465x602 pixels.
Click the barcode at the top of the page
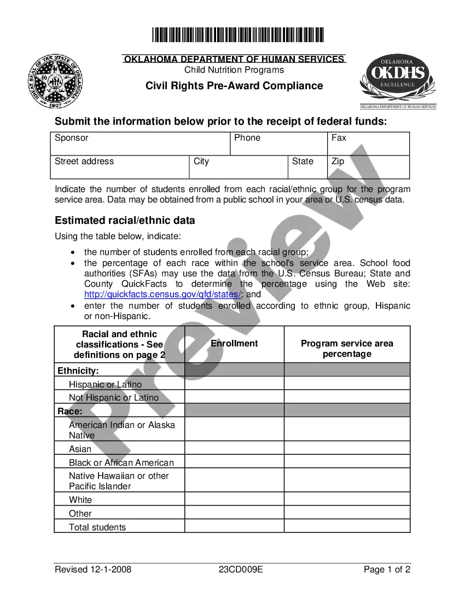click(x=238, y=35)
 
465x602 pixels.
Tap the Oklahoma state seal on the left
click(x=57, y=81)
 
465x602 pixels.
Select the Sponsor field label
click(x=71, y=138)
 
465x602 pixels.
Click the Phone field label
click(x=247, y=138)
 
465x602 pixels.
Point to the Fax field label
click(x=339, y=138)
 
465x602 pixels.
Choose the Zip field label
click(x=338, y=161)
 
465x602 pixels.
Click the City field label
click(x=201, y=161)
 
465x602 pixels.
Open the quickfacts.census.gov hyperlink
click(x=162, y=294)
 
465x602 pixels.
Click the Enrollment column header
click(x=234, y=344)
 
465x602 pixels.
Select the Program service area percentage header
click(x=347, y=349)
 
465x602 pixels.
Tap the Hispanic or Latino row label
click(x=105, y=385)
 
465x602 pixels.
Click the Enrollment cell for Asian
click(x=234, y=448)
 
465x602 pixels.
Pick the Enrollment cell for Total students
click(x=234, y=526)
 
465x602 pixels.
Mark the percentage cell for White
click(x=347, y=499)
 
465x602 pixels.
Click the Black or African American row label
click(x=121, y=462)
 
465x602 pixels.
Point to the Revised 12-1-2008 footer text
click(x=93, y=570)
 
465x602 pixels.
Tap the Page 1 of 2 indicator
click(x=387, y=570)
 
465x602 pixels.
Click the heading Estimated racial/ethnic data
click(x=125, y=221)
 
